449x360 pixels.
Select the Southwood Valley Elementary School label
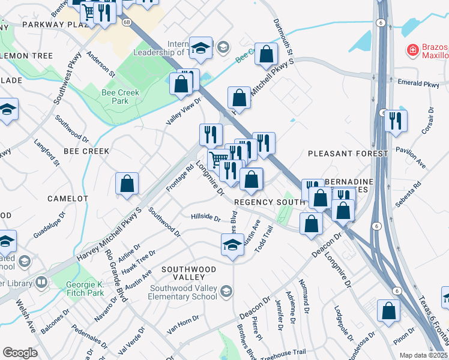(183, 292)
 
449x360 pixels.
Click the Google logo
(20, 353)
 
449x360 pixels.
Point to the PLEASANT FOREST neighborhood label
(348, 154)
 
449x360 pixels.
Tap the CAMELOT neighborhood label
(68, 198)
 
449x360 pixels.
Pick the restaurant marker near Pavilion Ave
(396, 121)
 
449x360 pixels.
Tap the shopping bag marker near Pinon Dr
(388, 311)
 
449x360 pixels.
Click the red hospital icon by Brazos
(412, 50)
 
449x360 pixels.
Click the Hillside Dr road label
(205, 217)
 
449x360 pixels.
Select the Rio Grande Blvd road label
(115, 275)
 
